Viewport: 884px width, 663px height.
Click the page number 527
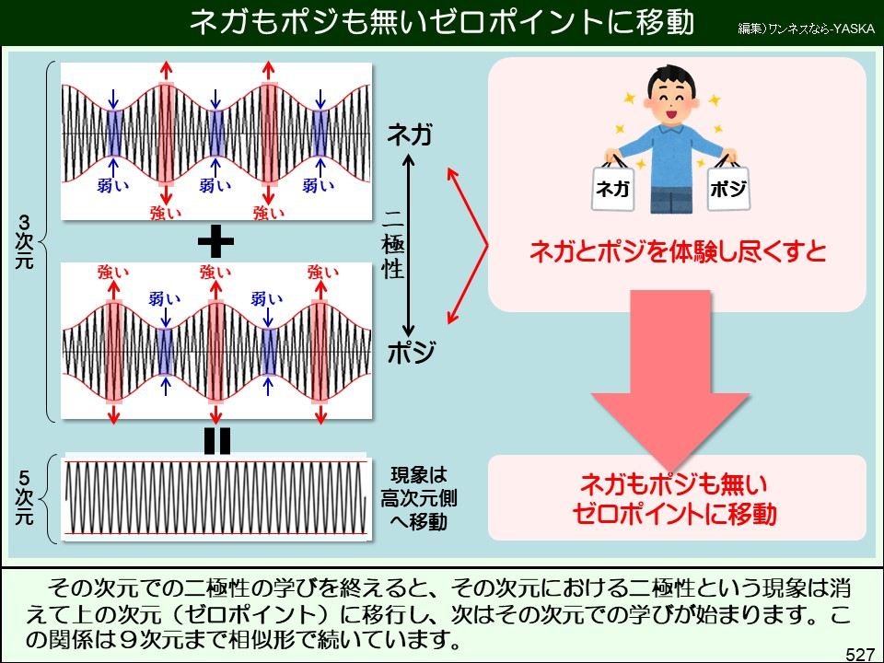click(x=860, y=654)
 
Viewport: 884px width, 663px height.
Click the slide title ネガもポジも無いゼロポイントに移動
click(x=441, y=22)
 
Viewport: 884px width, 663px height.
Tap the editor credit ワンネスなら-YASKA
click(x=807, y=29)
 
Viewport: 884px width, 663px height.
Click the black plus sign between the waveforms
click(x=216, y=242)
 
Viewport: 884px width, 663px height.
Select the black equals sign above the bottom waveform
click(x=216, y=442)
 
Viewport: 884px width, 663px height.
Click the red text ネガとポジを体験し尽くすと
click(x=677, y=251)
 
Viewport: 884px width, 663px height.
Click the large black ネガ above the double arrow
click(x=411, y=135)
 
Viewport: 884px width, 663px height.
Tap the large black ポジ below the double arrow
click(x=411, y=353)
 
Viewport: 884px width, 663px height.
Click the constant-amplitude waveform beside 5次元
click(x=216, y=497)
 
